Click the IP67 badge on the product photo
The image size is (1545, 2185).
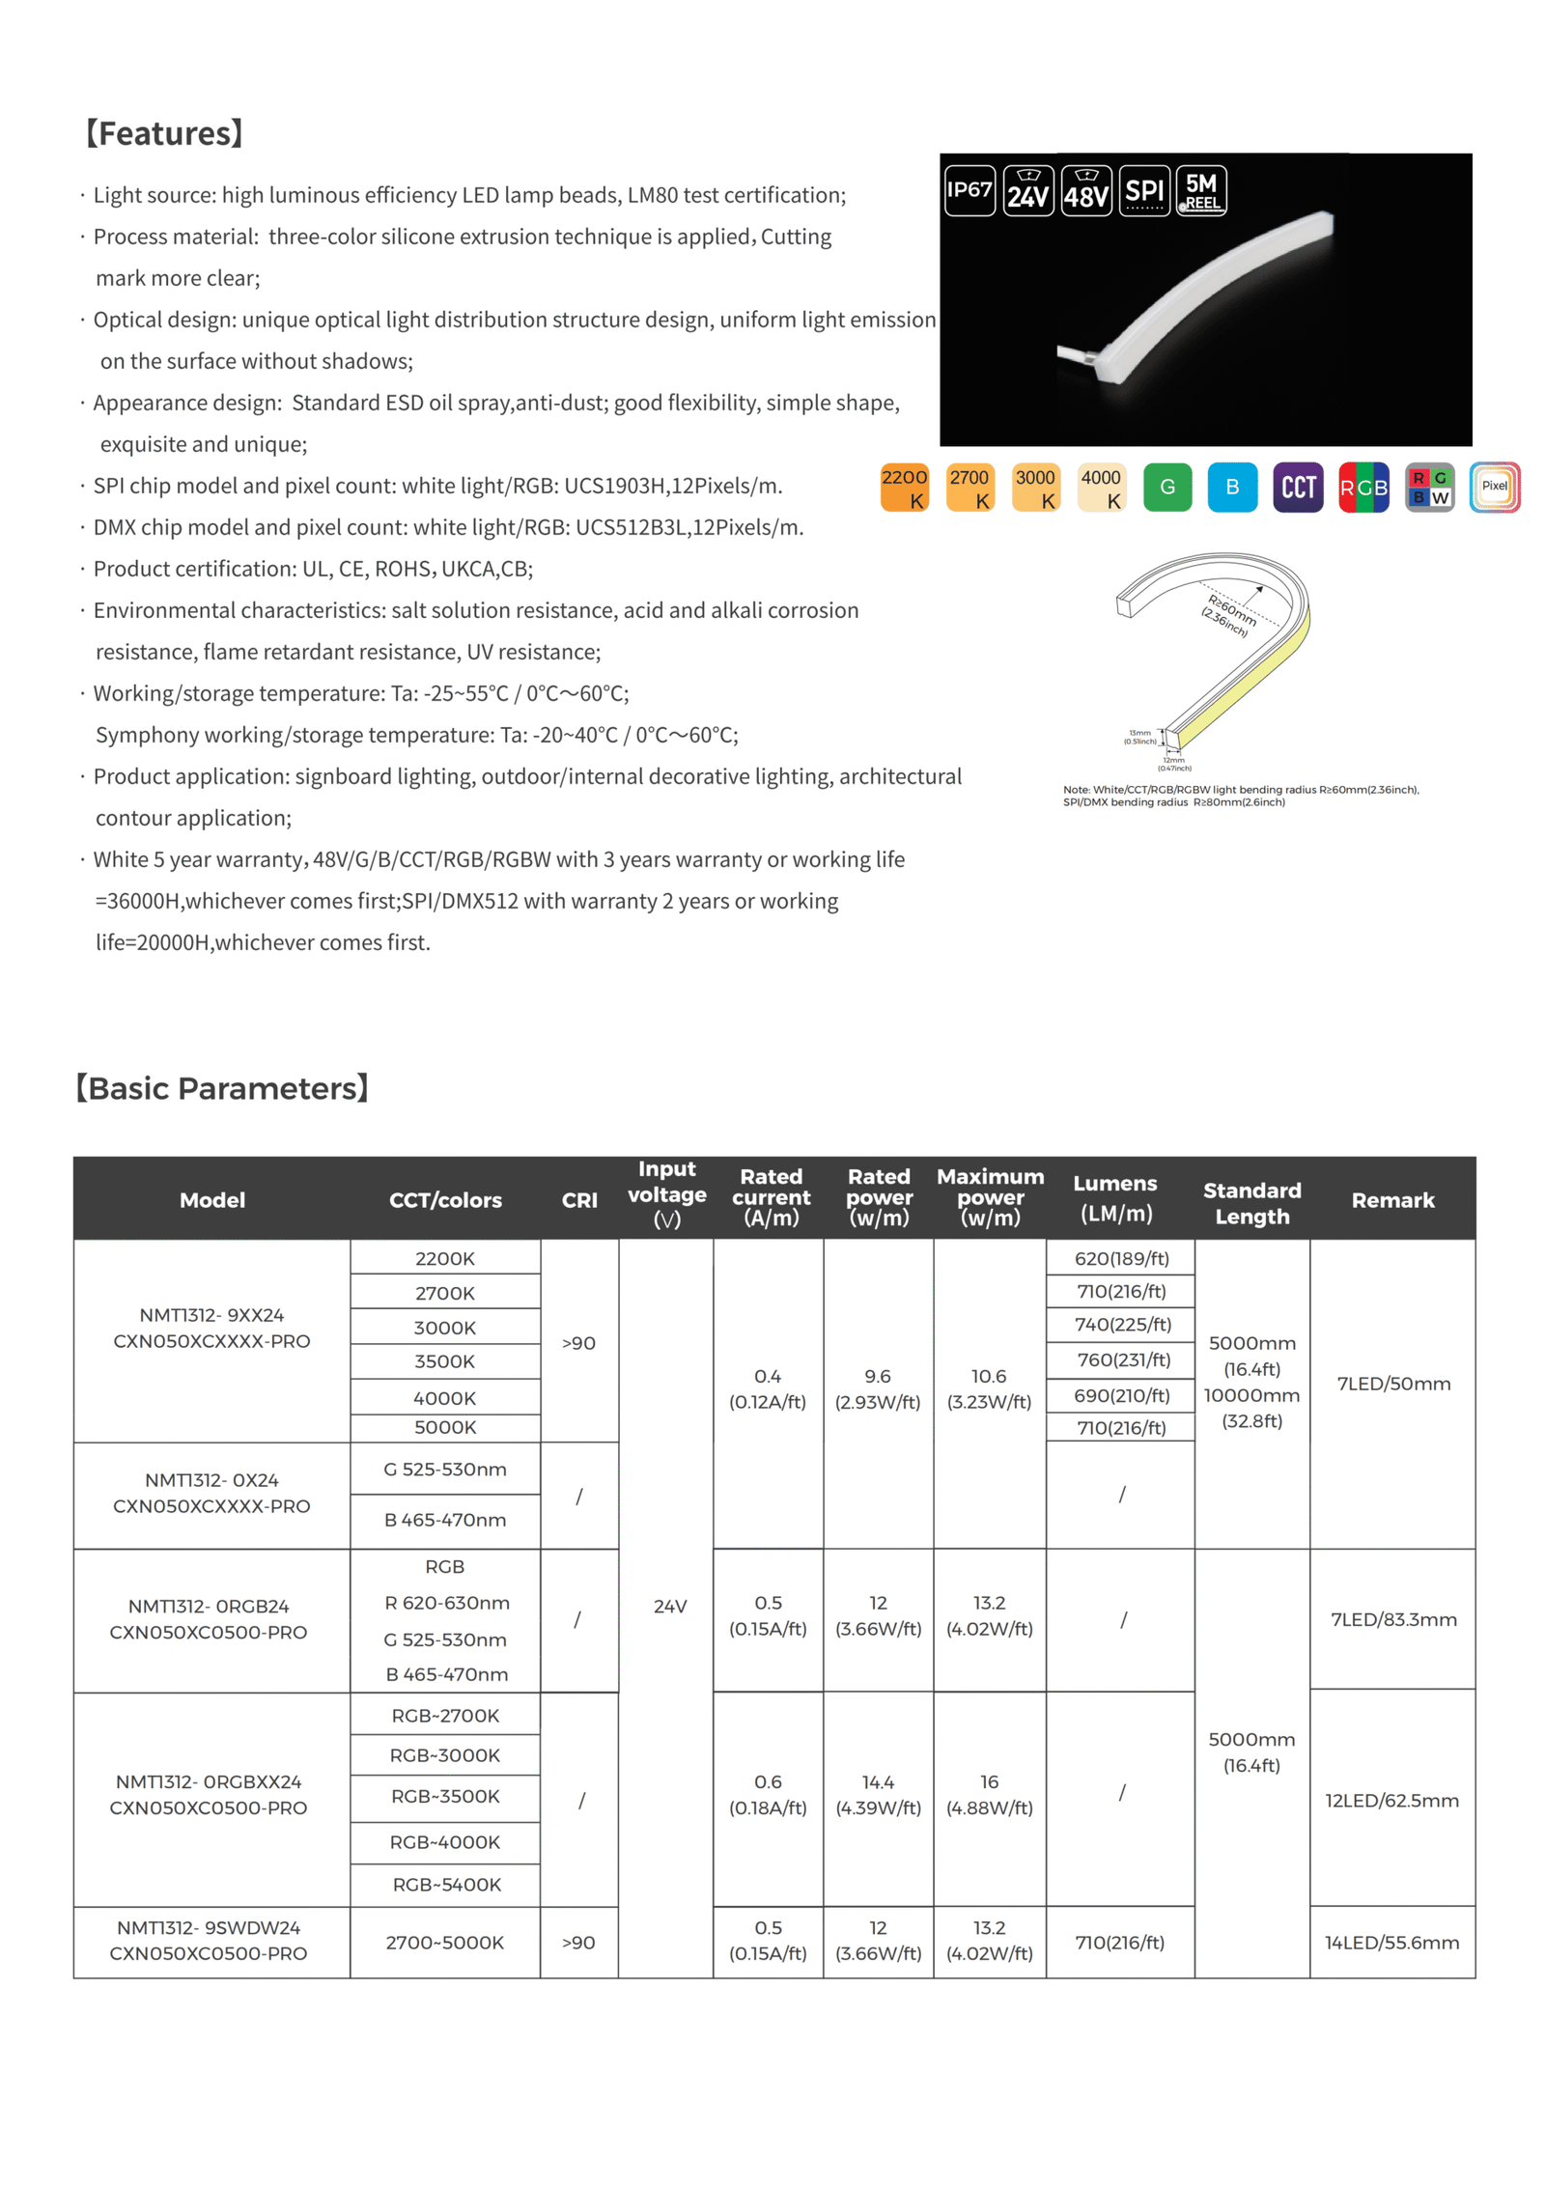[x=969, y=190]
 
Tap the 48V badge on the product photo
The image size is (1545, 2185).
[x=1086, y=190]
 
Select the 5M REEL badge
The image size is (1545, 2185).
[x=1201, y=190]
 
